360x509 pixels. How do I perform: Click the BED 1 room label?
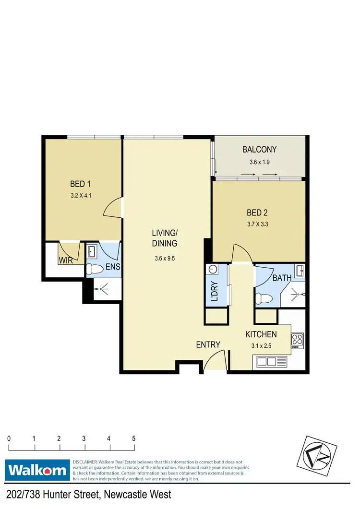(x=81, y=184)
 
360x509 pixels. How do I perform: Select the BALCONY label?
(x=259, y=150)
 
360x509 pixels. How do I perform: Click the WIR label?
(x=66, y=260)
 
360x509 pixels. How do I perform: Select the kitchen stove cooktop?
(x=297, y=340)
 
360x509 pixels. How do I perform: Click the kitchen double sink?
(x=265, y=361)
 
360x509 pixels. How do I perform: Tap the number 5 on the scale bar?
(x=133, y=438)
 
